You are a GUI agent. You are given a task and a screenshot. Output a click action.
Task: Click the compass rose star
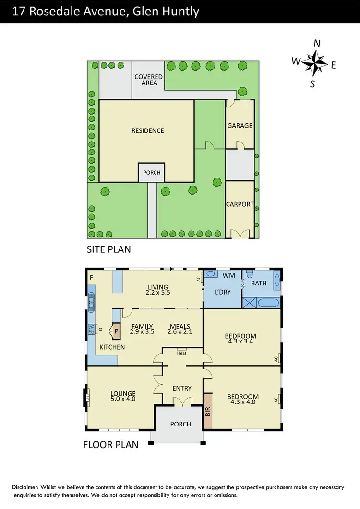(x=314, y=63)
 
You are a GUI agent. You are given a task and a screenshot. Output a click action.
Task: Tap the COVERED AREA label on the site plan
(x=149, y=80)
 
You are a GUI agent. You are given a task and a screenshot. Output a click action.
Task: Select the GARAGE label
(x=240, y=126)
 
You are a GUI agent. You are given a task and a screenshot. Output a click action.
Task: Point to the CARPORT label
(x=240, y=204)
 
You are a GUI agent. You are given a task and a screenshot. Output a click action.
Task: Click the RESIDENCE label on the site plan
(x=148, y=130)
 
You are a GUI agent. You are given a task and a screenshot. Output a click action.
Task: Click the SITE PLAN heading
(x=108, y=249)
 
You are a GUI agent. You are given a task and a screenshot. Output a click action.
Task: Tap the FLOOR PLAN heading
(x=111, y=445)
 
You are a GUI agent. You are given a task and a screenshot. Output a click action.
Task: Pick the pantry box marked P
(x=116, y=330)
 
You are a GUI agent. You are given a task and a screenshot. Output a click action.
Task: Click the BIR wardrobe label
(x=208, y=411)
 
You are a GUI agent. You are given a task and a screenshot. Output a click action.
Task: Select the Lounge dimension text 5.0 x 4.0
(x=123, y=399)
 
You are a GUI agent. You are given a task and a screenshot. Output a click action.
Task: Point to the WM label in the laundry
(x=228, y=275)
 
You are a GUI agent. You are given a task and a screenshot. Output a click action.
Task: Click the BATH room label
(x=259, y=283)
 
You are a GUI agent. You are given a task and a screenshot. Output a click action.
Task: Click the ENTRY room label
(x=181, y=388)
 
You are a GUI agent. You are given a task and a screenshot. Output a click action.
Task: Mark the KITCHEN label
(x=112, y=347)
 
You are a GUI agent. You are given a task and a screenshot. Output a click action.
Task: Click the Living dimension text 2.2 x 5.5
(x=158, y=292)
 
